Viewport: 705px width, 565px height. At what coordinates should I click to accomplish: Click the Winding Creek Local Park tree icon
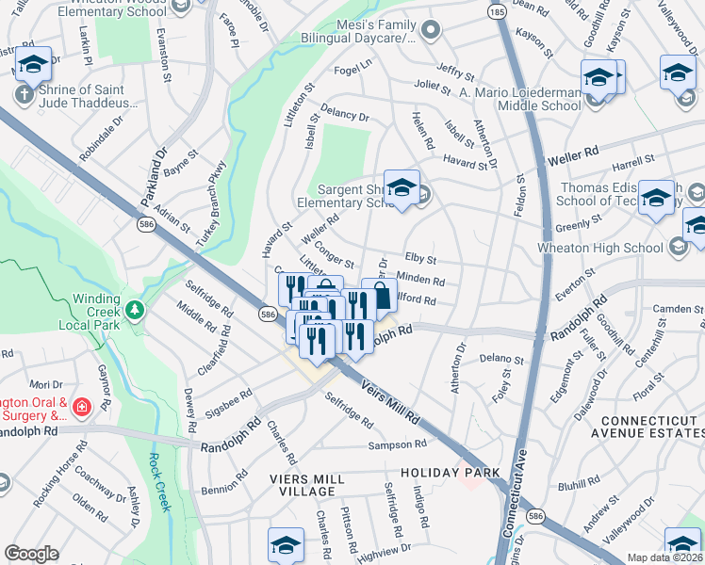pos(135,310)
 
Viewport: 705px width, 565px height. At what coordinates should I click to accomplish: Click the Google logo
pos(31,554)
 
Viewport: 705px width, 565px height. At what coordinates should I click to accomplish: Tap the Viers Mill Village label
pos(289,485)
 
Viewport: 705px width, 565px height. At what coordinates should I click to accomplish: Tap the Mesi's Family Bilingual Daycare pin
pos(431,30)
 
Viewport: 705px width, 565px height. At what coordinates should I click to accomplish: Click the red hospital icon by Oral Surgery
pos(81,407)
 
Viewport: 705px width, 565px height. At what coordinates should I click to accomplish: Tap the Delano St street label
pos(500,360)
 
